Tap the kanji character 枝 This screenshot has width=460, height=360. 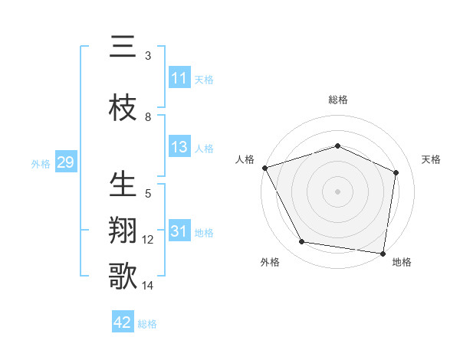coord(123,106)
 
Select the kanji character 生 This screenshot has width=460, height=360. coord(123,184)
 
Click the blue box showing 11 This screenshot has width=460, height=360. coord(179,79)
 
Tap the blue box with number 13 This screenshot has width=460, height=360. coord(179,148)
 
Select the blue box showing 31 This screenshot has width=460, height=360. coord(179,232)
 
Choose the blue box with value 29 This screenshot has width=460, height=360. coord(64,162)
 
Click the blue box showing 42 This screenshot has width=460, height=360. coord(122,322)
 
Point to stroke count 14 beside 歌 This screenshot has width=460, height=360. coord(148,286)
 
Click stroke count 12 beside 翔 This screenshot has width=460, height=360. coord(148,240)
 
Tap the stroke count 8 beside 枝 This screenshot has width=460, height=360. coord(148,117)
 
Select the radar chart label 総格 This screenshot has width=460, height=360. coord(338,100)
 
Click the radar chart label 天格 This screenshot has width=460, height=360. coord(432,159)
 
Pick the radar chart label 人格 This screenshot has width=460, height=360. coord(245,159)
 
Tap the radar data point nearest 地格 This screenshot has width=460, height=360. coord(383,253)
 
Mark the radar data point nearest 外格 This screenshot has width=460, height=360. coord(302,242)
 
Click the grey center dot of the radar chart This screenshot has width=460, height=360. coord(338,191)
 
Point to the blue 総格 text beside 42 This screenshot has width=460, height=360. coord(147,324)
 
